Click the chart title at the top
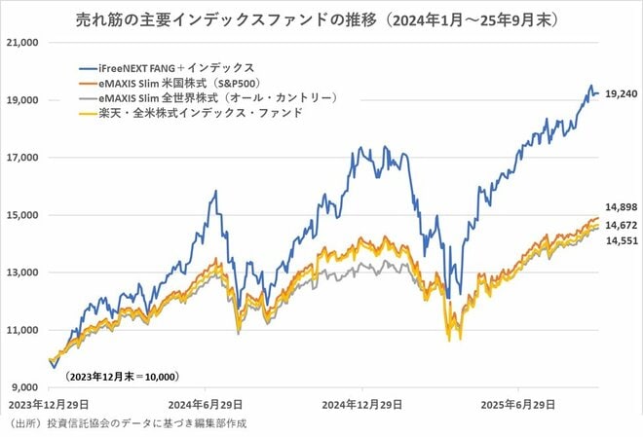(x=321, y=18)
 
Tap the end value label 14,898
(x=620, y=207)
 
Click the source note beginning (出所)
(x=129, y=424)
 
